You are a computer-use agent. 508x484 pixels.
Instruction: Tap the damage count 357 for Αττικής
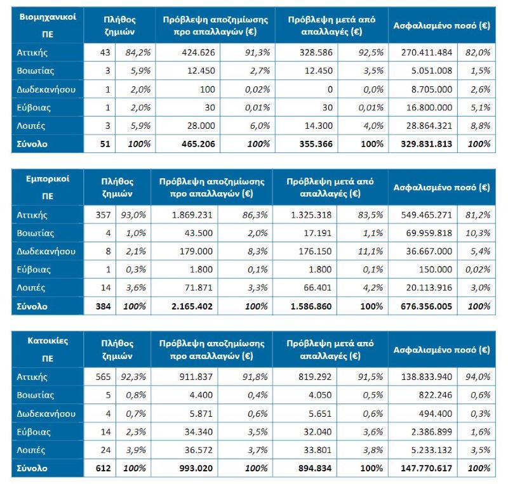coord(102,215)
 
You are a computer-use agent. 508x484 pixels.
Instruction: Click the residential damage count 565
coord(102,377)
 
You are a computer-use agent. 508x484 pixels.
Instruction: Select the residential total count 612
coord(102,468)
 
